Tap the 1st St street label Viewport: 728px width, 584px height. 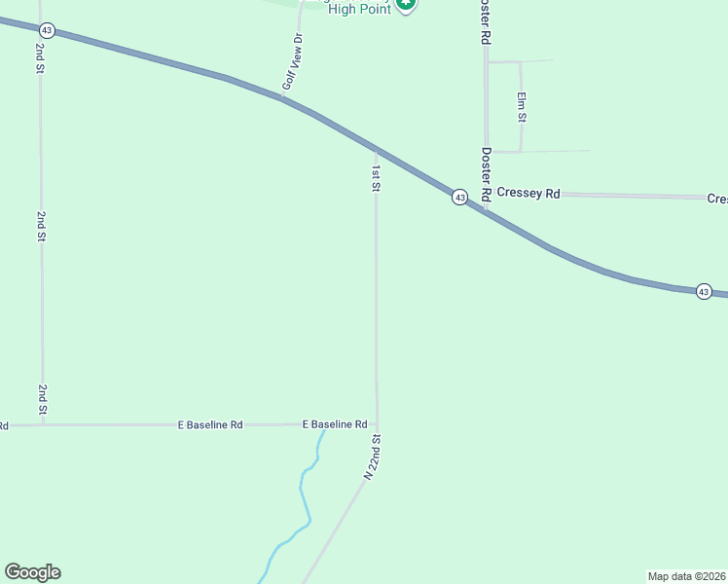click(x=376, y=177)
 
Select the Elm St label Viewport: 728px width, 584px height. click(x=522, y=106)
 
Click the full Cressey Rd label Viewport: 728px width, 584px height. click(x=528, y=193)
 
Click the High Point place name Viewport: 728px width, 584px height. click(x=359, y=9)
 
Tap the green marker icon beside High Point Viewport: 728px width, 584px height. click(x=407, y=5)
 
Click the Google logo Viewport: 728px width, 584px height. click(x=32, y=572)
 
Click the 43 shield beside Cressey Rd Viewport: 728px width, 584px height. click(x=459, y=198)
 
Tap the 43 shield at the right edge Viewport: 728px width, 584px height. click(x=704, y=291)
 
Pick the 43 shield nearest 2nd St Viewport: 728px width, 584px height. click(x=48, y=31)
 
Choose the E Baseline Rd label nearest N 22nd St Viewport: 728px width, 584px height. click(x=334, y=424)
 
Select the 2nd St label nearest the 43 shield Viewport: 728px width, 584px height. click(x=41, y=59)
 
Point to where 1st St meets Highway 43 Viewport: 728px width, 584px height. click(x=376, y=150)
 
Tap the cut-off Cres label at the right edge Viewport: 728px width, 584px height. click(x=717, y=199)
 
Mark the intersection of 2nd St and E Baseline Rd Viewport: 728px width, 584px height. click(x=42, y=424)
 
